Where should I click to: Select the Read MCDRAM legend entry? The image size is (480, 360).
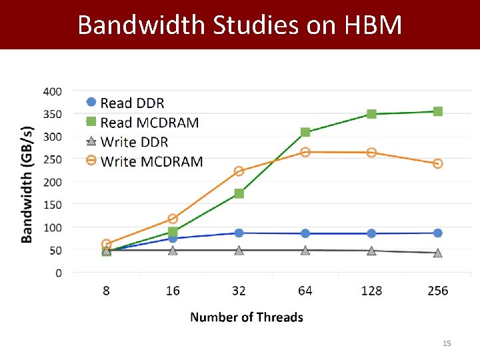click(x=149, y=122)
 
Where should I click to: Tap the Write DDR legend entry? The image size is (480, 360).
click(x=134, y=141)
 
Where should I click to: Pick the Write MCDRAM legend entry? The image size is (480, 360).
click(x=151, y=161)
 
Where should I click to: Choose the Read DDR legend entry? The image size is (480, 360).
click(x=132, y=103)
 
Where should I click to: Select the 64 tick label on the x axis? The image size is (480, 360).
click(x=305, y=291)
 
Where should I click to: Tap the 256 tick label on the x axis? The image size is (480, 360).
click(x=437, y=291)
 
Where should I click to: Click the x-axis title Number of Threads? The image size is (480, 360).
click(x=247, y=317)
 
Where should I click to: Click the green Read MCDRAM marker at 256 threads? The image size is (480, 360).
click(x=438, y=111)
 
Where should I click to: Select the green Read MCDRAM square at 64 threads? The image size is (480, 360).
click(x=305, y=132)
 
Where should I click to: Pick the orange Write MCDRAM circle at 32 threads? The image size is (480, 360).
click(x=239, y=171)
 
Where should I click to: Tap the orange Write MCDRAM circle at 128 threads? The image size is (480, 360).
click(x=371, y=153)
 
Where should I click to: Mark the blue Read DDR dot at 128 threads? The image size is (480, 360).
click(x=371, y=233)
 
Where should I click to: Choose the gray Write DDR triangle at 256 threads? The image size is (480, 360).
click(x=438, y=253)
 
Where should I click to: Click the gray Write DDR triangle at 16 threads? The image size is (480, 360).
click(x=173, y=250)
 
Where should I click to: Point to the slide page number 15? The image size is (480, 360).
click(x=447, y=343)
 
